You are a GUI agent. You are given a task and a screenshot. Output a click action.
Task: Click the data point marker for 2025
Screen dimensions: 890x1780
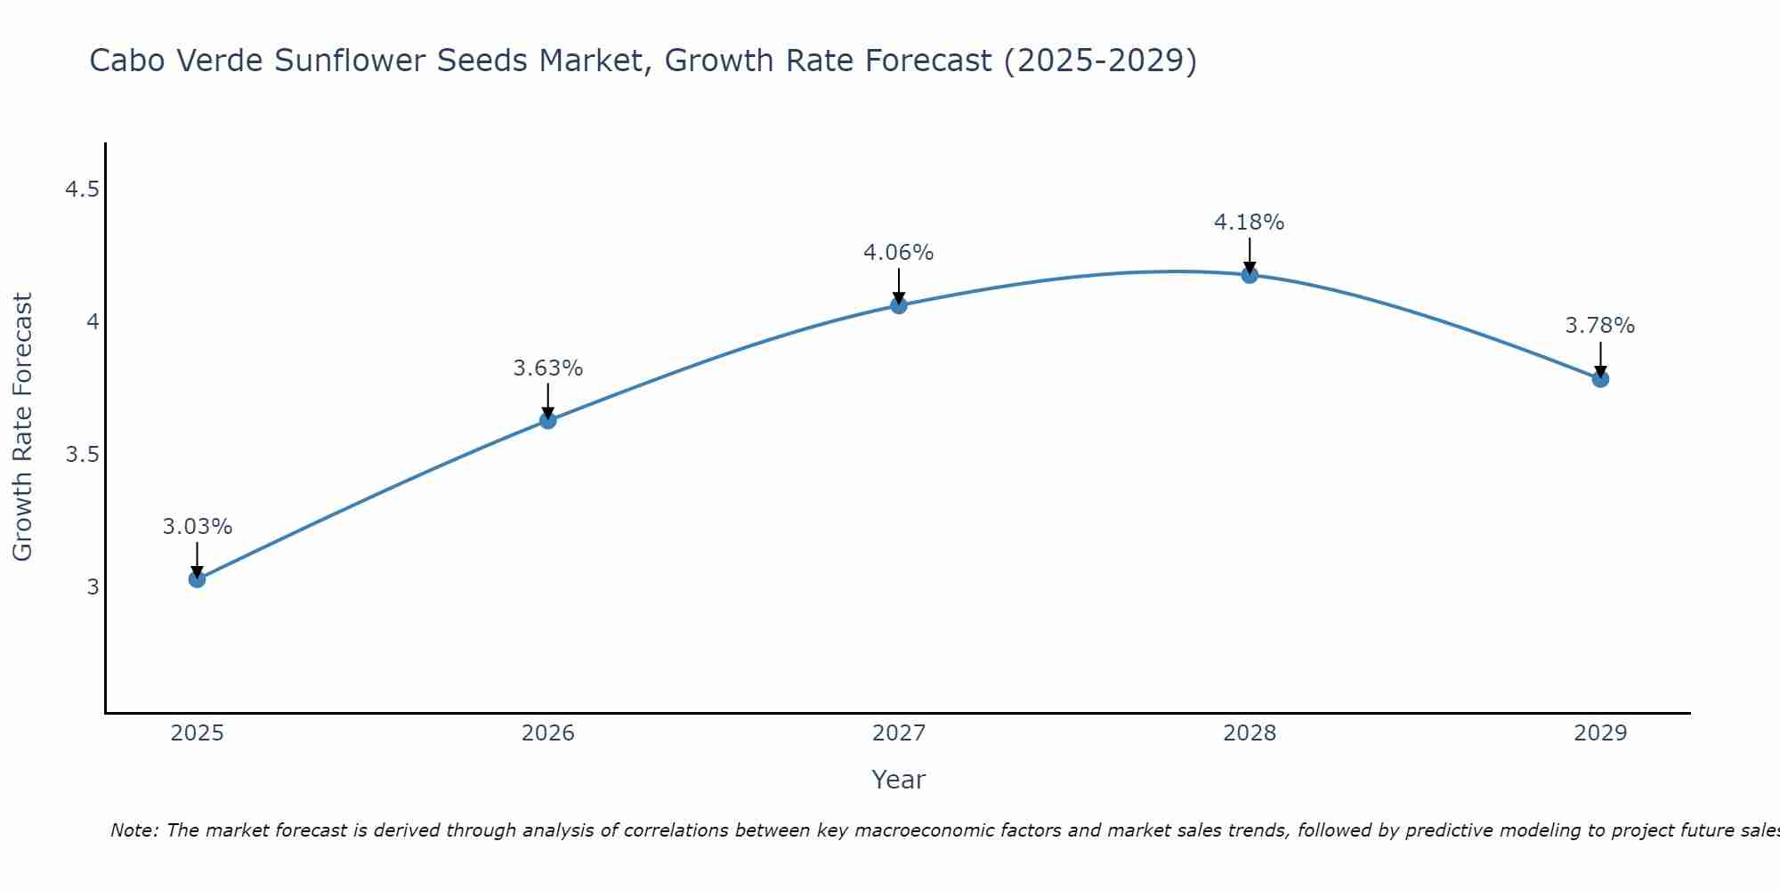[197, 579]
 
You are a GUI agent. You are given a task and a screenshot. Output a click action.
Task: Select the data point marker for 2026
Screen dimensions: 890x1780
[548, 420]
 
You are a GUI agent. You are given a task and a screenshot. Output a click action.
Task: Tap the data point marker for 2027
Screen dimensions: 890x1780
[899, 305]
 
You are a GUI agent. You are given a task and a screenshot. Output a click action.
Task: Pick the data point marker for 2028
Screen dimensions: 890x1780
[1250, 274]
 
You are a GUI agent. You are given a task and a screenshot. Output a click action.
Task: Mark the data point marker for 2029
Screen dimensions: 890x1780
[1600, 379]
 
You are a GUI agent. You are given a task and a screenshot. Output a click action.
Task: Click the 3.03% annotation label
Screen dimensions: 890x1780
[197, 527]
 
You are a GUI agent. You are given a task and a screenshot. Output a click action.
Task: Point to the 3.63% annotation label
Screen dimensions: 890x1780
[548, 368]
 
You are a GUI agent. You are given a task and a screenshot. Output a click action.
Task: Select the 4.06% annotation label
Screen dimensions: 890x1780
[899, 253]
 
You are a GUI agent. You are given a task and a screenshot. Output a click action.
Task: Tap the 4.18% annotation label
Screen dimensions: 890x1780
[1250, 222]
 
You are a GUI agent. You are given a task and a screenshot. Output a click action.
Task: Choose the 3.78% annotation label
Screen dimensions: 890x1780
[1600, 326]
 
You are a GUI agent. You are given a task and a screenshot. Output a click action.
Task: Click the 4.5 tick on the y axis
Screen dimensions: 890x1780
[82, 190]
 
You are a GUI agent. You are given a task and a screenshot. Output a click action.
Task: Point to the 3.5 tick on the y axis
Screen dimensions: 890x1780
[82, 455]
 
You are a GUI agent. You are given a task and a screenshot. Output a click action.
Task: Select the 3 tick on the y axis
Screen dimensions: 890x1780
[93, 587]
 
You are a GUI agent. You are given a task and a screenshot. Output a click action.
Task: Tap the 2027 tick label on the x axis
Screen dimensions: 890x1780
[899, 733]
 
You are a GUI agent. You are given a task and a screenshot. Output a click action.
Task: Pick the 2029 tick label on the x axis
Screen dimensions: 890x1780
[1600, 733]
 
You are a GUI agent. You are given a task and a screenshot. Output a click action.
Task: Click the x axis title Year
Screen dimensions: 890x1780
[899, 780]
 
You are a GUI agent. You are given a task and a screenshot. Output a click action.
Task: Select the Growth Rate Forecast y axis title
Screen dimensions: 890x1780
[22, 427]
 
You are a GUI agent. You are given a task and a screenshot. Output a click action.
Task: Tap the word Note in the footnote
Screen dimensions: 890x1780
[133, 830]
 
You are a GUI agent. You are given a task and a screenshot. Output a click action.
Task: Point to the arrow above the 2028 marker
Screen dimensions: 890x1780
[1250, 255]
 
